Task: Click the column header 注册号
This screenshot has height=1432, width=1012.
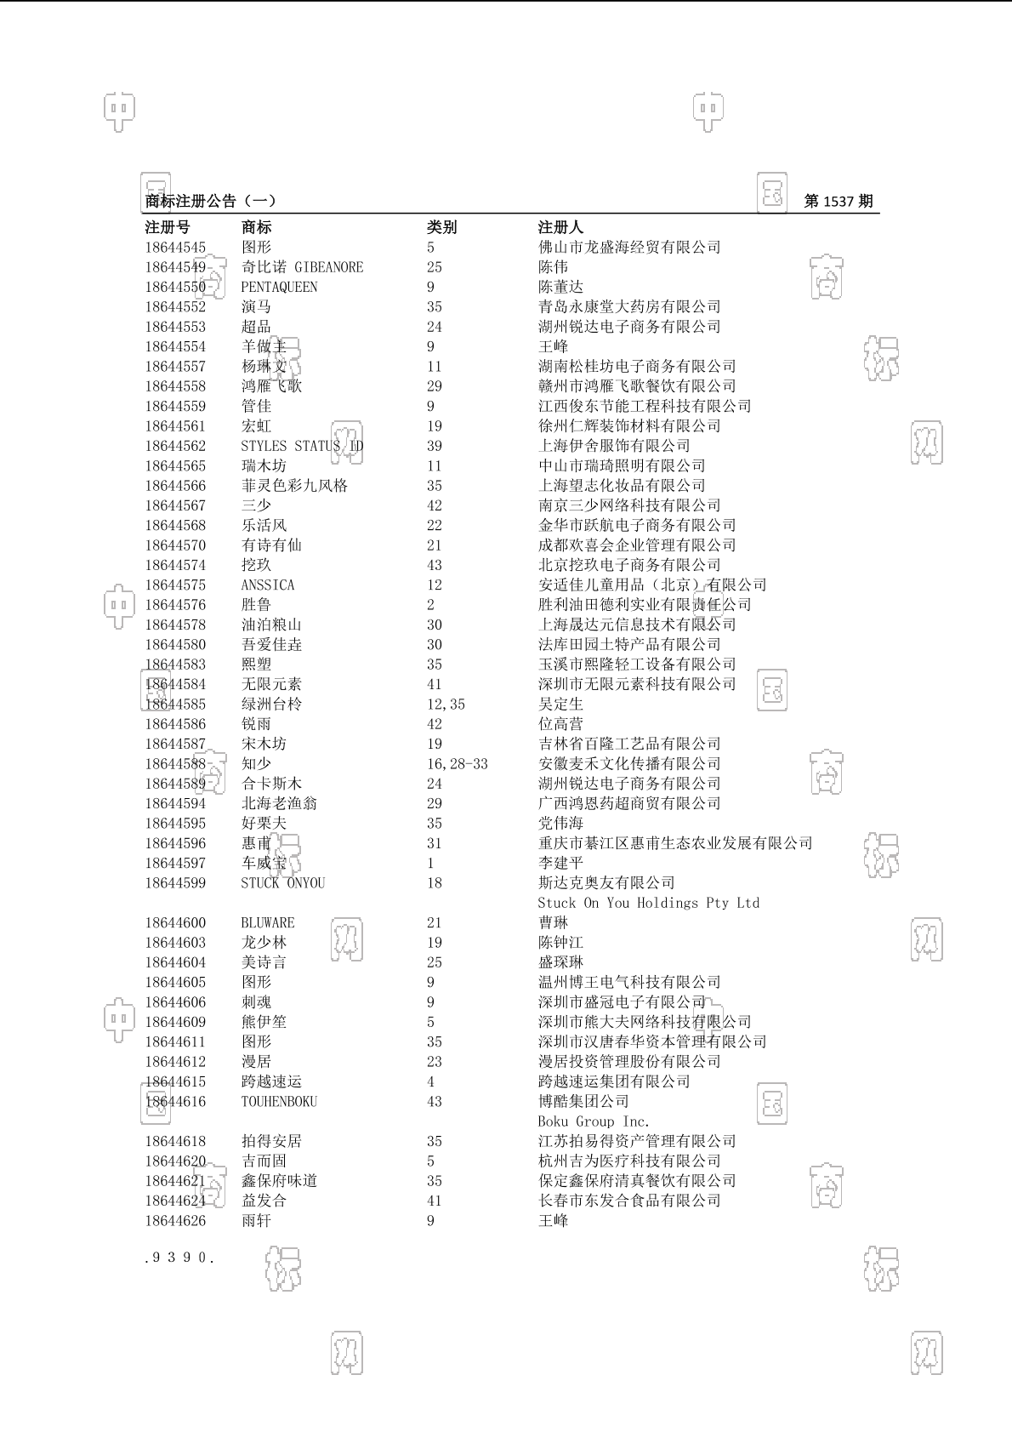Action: coord(168,227)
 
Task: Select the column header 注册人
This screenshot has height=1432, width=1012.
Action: coord(560,227)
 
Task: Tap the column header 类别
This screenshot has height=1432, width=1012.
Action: coord(441,227)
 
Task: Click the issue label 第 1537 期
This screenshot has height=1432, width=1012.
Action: coord(838,202)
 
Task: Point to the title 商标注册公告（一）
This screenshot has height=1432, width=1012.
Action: coord(211,202)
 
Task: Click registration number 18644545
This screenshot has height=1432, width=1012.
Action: coord(175,248)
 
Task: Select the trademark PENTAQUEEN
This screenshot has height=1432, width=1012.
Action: coord(279,288)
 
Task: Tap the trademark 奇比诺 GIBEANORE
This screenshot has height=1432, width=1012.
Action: coord(302,267)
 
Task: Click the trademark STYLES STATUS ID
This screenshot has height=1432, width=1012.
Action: coord(302,446)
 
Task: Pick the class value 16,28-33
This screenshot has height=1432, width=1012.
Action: coord(458,764)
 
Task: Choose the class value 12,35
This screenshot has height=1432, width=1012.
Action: coord(446,705)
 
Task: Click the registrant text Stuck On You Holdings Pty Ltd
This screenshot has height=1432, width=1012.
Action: coord(648,903)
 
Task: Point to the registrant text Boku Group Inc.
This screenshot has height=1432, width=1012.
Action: coord(593,1121)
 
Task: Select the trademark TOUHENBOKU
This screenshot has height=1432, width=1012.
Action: coord(279,1102)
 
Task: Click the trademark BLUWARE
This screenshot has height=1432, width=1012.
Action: coord(268,923)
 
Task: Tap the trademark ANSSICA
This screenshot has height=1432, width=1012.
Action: coord(268,585)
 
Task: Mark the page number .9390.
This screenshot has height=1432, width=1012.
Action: coord(179,1257)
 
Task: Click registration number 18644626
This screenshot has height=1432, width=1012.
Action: coord(175,1221)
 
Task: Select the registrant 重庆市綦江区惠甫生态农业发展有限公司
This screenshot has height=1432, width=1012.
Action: coord(675,843)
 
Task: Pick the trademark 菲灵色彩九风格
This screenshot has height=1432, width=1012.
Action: coord(294,486)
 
